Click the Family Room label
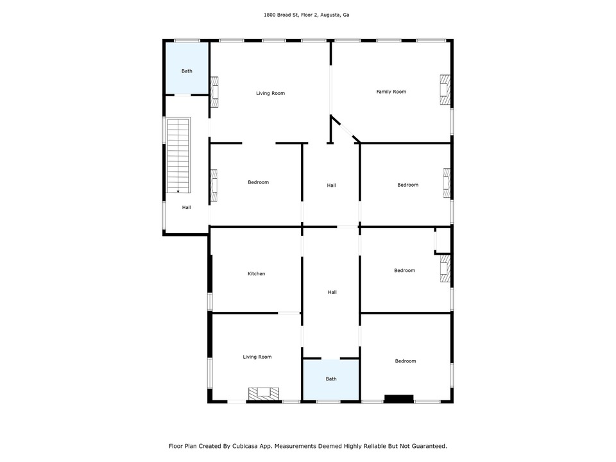[x=391, y=92]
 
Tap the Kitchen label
[x=256, y=273]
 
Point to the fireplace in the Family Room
[x=445, y=90]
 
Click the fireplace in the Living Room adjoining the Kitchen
[x=264, y=393]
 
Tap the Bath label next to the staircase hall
[x=187, y=71]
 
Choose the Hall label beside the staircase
[x=186, y=207]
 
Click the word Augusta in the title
[x=330, y=15]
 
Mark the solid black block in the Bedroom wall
[x=398, y=398]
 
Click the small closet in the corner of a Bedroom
[x=442, y=240]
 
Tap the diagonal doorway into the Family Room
[x=346, y=129]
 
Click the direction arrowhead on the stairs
[x=178, y=192]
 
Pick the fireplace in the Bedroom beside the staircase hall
[x=214, y=186]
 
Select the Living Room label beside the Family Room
[x=270, y=93]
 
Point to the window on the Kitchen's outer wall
[x=210, y=302]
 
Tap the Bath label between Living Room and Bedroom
[x=331, y=379]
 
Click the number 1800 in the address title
[x=269, y=15]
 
